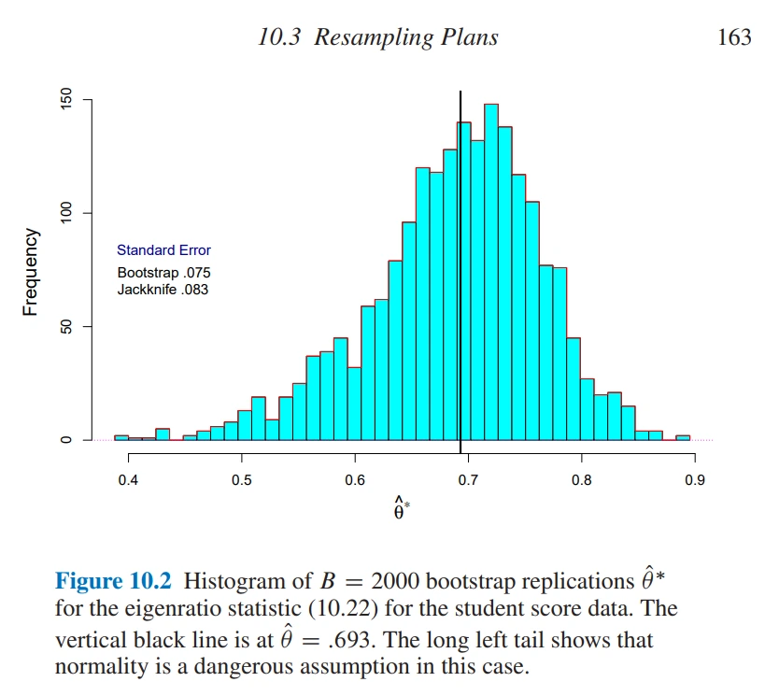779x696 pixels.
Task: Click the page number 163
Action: (x=733, y=38)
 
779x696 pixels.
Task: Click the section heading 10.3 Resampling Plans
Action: (x=377, y=38)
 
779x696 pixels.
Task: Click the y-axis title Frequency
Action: (x=31, y=272)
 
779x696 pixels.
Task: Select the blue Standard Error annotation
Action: (x=163, y=250)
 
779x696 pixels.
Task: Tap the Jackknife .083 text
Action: (x=163, y=290)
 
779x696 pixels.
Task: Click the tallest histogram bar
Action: (x=490, y=280)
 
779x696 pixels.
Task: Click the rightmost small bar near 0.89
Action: (x=683, y=437)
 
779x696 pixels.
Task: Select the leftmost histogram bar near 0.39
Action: (x=121, y=437)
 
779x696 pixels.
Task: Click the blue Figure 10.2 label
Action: (x=113, y=581)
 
